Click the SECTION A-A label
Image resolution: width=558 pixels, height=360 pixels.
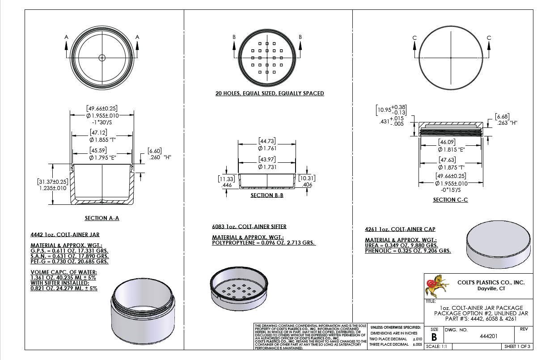[102, 218]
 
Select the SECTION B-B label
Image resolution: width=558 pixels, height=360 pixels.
[267, 195]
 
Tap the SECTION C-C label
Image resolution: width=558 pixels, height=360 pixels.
[450, 199]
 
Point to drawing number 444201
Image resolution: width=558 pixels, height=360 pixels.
[489, 336]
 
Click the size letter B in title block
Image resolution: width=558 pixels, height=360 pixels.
[434, 337]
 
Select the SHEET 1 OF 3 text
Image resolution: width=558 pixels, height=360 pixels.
[517, 346]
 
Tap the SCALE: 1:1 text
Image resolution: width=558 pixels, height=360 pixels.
[436, 346]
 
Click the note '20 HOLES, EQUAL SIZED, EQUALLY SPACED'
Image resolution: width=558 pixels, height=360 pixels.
[270, 93]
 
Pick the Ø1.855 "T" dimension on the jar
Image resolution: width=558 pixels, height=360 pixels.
[102, 140]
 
